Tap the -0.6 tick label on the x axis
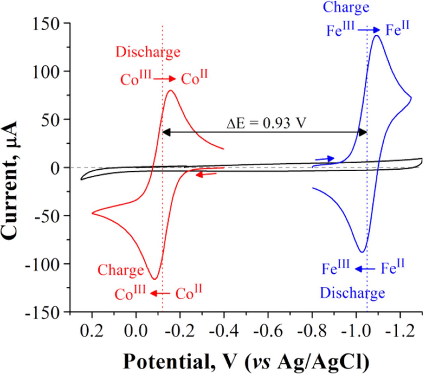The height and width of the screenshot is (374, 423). pos(268,330)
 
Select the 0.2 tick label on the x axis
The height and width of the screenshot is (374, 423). pos(92,330)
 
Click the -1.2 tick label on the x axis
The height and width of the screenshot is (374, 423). pos(400,330)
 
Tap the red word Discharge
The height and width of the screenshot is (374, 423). pos(148,52)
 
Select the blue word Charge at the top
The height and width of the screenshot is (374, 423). pos(346,7)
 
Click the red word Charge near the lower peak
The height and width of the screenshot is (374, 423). pos(121,270)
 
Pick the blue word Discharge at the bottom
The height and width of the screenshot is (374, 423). pos(353,293)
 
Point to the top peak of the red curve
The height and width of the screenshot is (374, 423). pos(171,91)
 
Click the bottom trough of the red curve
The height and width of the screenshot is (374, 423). pos(154,279)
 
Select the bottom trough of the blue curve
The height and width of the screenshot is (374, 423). pos(362,252)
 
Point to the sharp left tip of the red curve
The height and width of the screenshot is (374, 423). pos(92,213)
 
